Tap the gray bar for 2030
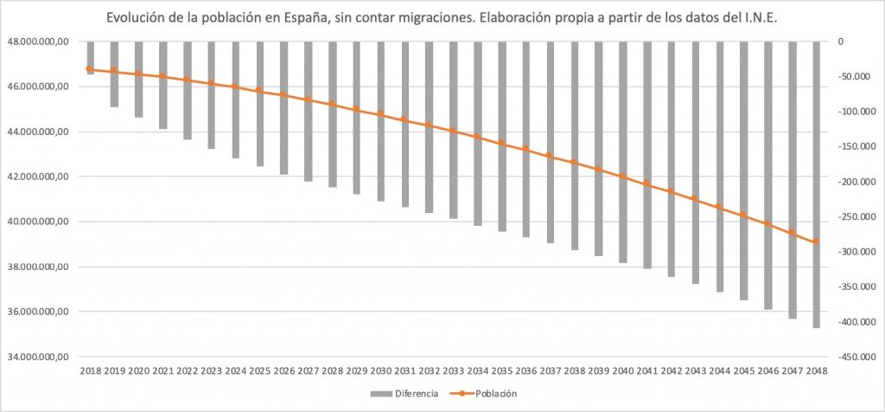(x=380, y=121)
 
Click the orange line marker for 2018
(x=90, y=69)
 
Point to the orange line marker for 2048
(x=815, y=241)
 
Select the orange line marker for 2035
(x=501, y=143)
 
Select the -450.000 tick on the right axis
(x=850, y=357)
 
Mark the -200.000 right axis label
(x=850, y=182)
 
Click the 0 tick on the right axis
(x=839, y=42)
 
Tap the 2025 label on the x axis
(x=259, y=370)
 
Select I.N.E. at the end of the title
(x=761, y=18)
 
